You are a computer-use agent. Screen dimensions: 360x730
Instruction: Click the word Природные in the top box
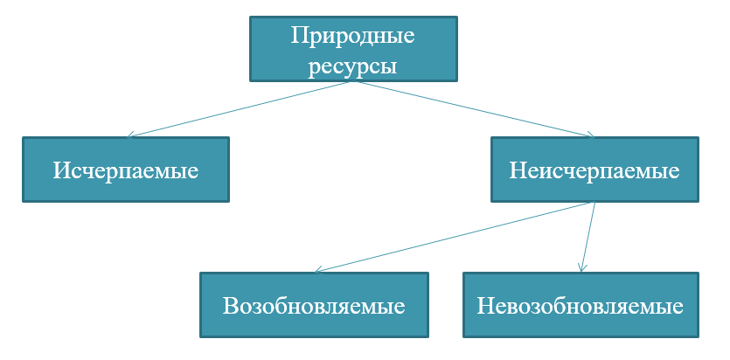[352, 37]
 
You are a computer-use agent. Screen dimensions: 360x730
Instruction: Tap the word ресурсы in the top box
[352, 66]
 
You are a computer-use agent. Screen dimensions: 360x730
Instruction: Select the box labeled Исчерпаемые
[126, 170]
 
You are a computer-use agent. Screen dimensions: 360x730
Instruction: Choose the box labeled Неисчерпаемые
[594, 170]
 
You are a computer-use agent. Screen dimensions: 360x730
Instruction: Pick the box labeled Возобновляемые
[314, 306]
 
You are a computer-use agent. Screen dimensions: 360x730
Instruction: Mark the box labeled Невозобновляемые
[581, 306]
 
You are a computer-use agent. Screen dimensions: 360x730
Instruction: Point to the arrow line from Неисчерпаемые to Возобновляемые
[455, 238]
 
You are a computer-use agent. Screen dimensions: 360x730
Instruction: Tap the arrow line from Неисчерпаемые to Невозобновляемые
[587, 238]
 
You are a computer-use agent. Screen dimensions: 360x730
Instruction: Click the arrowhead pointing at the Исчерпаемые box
[130, 135]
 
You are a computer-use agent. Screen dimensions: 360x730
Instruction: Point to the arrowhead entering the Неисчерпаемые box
[590, 135]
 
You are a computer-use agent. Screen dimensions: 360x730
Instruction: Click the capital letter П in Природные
[299, 37]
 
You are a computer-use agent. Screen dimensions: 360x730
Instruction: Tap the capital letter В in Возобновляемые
[230, 307]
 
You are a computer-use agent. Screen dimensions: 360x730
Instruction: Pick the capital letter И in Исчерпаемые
[61, 170]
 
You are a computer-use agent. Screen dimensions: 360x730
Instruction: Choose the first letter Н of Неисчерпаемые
[517, 170]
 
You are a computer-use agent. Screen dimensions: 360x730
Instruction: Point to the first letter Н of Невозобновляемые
[485, 307]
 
